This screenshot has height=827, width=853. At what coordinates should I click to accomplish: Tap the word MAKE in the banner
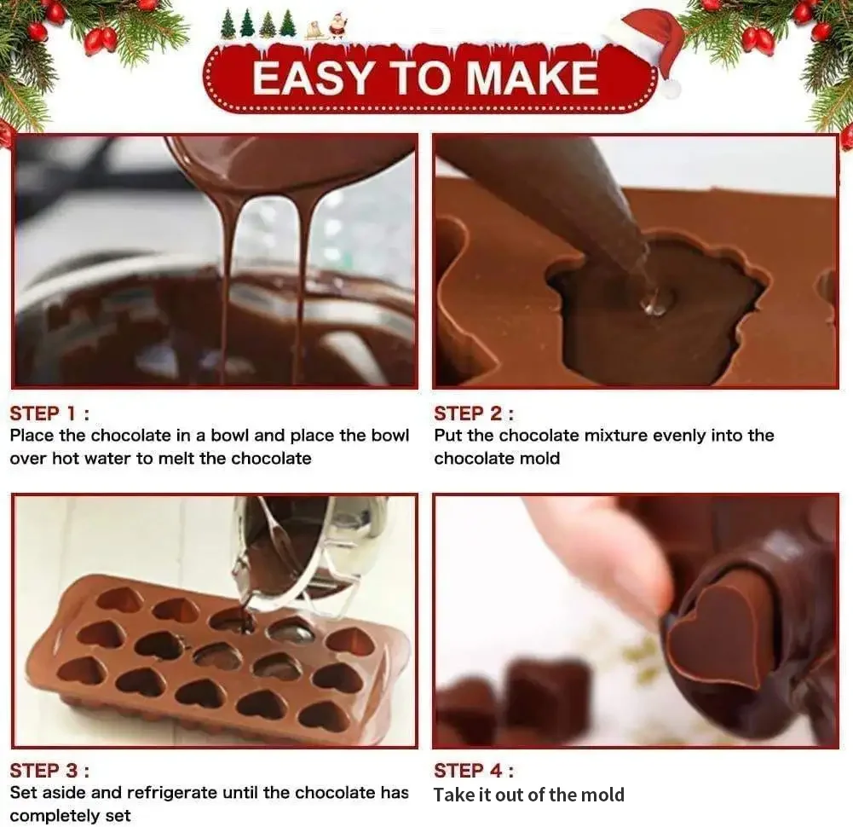(531, 78)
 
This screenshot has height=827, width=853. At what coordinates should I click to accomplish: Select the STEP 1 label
(49, 413)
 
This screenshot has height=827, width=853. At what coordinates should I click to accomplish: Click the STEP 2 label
(474, 413)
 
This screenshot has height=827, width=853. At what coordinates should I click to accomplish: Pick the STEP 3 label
(49, 771)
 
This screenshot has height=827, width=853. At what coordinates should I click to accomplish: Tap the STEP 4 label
(474, 771)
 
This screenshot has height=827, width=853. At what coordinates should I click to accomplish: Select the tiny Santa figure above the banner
(337, 26)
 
